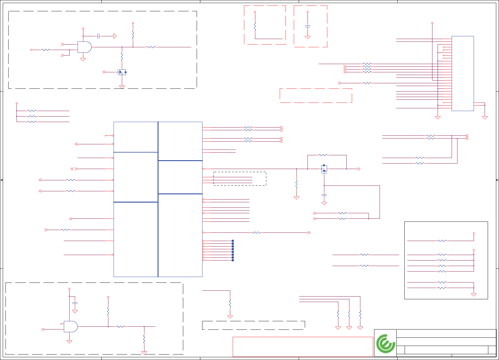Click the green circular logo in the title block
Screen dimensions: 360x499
coord(385,344)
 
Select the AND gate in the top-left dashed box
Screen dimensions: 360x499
coord(84,47)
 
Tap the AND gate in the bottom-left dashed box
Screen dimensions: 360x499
coord(71,326)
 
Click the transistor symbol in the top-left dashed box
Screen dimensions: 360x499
coord(122,72)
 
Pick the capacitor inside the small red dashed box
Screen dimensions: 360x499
coord(308,27)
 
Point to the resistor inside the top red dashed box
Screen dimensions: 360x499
coord(255,26)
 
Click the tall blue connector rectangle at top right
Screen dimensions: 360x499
coord(463,73)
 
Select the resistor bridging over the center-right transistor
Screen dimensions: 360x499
coord(323,155)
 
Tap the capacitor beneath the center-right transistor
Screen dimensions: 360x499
coord(324,195)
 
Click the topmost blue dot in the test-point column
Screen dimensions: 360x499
coord(233,241)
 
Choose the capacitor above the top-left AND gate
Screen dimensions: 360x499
coord(98,36)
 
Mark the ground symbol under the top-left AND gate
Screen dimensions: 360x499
coord(83,59)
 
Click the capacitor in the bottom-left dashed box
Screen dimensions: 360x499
coord(75,303)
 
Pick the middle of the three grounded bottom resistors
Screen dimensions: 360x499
coord(349,314)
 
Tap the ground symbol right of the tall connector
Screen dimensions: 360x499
coord(485,117)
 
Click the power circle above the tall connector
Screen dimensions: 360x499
coord(432,23)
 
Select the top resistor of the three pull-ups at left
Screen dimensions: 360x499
coord(32,111)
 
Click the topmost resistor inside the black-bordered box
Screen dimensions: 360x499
coord(442,241)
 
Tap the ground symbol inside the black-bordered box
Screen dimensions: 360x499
coord(474,295)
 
